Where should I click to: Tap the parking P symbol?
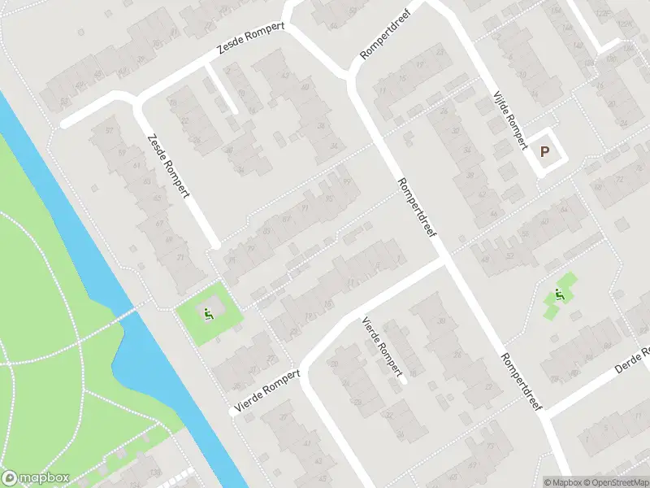point(545,150)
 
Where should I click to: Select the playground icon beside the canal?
point(208,312)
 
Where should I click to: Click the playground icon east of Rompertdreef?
point(559,295)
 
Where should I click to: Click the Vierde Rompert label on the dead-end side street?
point(383,347)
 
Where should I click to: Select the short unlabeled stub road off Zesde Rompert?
point(220,89)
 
